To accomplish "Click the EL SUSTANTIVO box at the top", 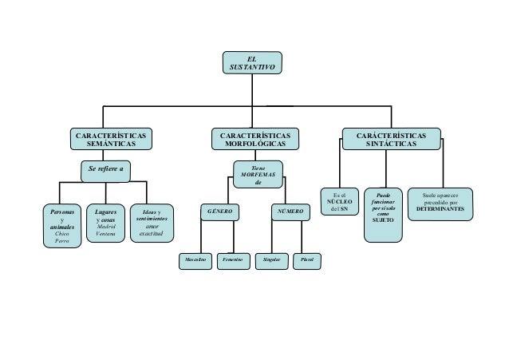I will click(252, 64).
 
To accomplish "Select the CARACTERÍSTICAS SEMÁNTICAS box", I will click(110, 138).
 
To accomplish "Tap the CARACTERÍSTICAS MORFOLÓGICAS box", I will click(255, 138).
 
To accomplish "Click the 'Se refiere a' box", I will click(105, 168).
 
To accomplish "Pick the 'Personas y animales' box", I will click(61, 227).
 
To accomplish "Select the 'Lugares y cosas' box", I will click(105, 223).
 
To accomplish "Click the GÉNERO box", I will click(220, 213).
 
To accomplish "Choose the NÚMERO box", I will click(289, 213).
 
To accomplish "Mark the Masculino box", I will click(195, 260).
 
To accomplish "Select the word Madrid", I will click(105, 226).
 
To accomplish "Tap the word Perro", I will click(61, 242).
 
